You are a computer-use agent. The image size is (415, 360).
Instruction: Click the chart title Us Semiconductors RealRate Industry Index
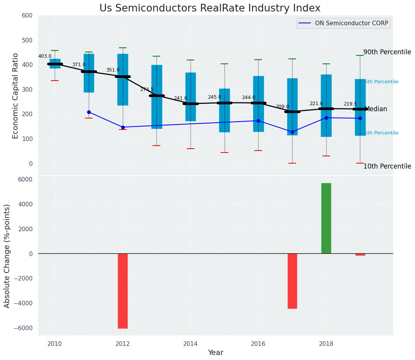[210, 8]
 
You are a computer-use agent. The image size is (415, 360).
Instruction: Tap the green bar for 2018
[326, 218]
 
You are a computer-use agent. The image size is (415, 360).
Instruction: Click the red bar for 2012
[123, 291]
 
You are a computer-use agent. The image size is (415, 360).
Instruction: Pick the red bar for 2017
[292, 281]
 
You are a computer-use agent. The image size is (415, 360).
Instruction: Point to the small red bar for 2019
[360, 255]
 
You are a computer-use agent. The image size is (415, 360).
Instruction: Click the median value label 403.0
[45, 56]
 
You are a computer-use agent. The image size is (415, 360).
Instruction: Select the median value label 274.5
[146, 89]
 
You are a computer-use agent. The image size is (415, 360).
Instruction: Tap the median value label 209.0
[282, 107]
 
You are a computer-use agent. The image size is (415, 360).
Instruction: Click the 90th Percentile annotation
[387, 52]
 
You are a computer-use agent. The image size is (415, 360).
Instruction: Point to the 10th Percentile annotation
[387, 166]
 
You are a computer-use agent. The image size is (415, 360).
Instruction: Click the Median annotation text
[376, 109]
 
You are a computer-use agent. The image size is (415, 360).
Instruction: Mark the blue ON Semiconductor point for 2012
[123, 127]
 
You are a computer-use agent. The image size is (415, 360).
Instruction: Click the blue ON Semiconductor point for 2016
[258, 121]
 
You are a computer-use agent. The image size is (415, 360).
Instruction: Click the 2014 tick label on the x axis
[190, 344]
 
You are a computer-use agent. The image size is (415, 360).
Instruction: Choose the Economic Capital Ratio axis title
[16, 96]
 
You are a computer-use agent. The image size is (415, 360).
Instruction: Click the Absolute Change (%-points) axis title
[7, 256]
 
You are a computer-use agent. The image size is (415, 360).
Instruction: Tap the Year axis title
[215, 353]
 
